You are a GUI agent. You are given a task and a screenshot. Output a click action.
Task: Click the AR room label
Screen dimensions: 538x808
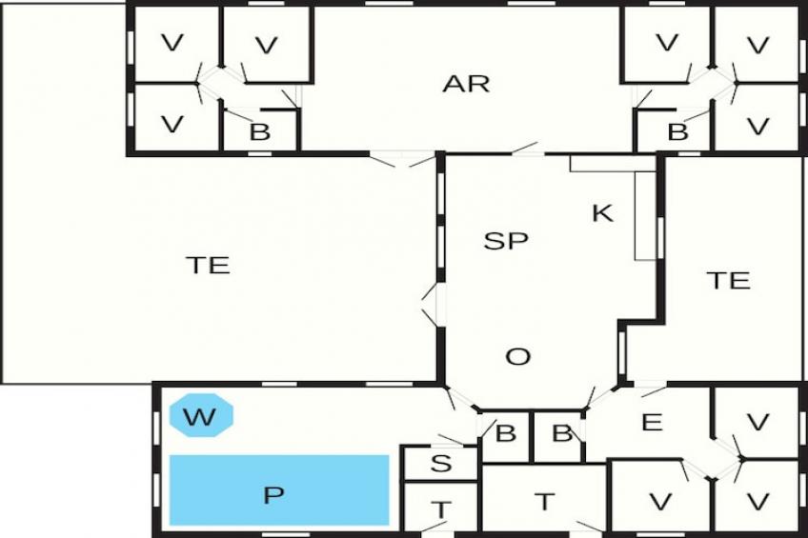[x=466, y=84]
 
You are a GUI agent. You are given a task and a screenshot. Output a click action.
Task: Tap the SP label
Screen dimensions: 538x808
[x=506, y=241]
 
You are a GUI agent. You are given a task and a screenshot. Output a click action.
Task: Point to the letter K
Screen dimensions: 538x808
[x=602, y=213]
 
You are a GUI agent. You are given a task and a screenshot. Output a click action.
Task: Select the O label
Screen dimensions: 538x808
[x=517, y=357]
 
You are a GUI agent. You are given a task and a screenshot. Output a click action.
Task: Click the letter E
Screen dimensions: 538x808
[x=652, y=423]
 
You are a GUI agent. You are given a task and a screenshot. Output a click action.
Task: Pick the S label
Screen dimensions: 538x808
[x=440, y=465]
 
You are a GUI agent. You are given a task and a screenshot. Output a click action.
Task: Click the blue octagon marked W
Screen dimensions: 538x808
[x=201, y=416]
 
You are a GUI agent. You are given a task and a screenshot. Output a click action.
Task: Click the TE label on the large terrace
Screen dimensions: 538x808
[x=208, y=266]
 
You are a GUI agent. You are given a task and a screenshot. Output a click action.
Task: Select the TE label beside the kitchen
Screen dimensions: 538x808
[x=729, y=280]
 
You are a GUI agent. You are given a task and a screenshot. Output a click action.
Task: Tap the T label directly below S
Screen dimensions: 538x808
[x=441, y=509]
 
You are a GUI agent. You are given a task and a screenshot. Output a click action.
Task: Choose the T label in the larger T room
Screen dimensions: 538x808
[x=544, y=501]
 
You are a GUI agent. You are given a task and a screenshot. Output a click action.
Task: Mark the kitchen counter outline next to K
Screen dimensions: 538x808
[x=645, y=214]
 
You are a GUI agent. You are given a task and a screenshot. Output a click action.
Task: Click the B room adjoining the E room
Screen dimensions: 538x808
[x=561, y=434]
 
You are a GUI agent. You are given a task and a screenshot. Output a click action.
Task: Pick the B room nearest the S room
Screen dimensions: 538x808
[x=505, y=434]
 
